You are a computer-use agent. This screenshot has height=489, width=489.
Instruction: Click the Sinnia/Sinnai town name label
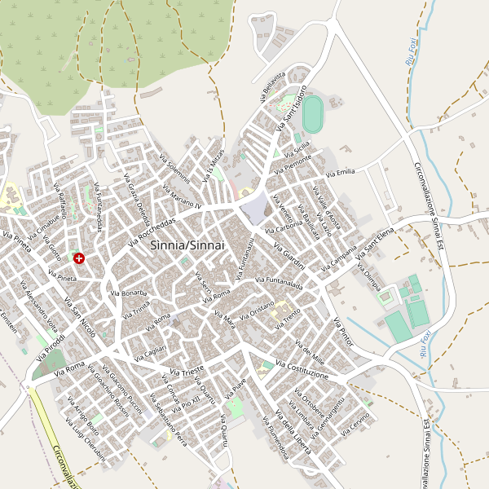[x=187, y=244]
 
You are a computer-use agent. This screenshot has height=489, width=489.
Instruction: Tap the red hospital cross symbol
[x=79, y=258]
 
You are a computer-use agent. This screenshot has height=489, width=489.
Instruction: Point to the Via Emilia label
[x=341, y=172]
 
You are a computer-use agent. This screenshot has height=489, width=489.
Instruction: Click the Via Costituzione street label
[x=301, y=369]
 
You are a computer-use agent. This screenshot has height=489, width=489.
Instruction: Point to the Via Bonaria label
[x=128, y=292]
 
